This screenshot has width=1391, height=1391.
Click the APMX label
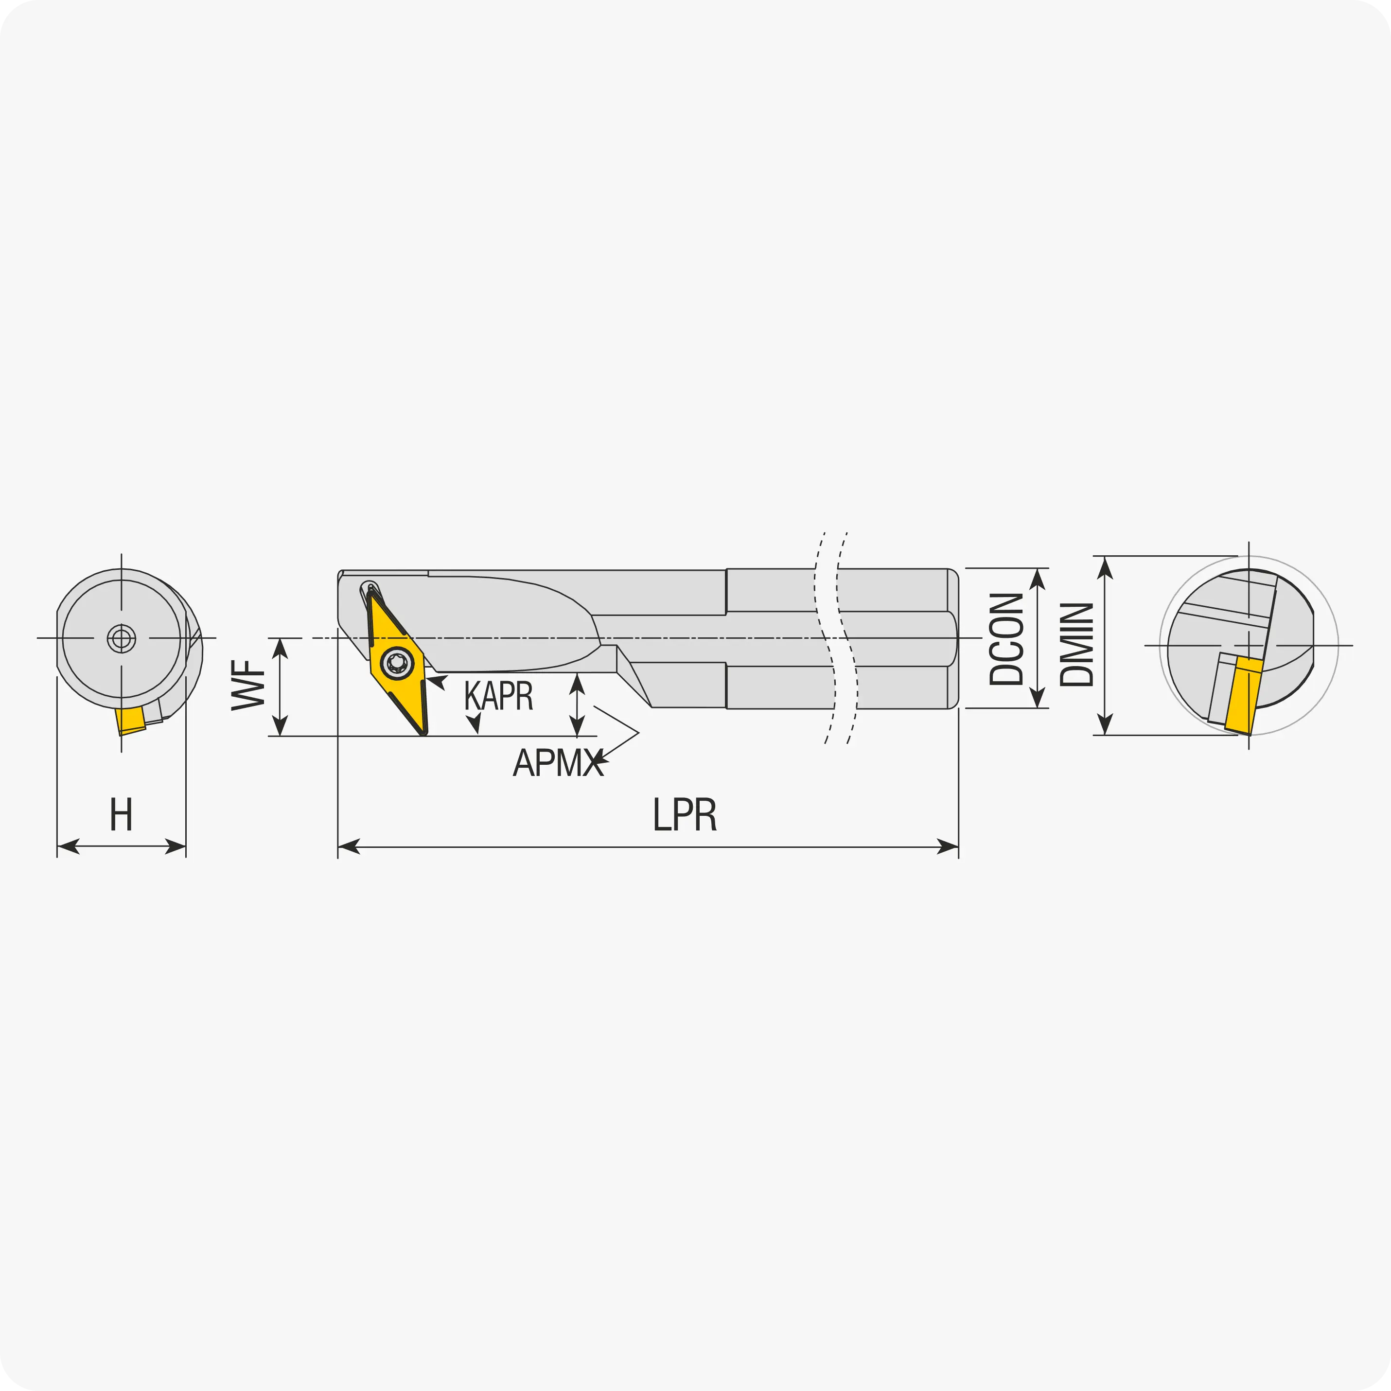click(558, 762)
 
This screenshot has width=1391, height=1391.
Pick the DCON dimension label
click(1006, 639)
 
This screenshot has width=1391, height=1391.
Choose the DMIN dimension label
click(1077, 644)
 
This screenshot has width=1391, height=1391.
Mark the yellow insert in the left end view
click(130, 721)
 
